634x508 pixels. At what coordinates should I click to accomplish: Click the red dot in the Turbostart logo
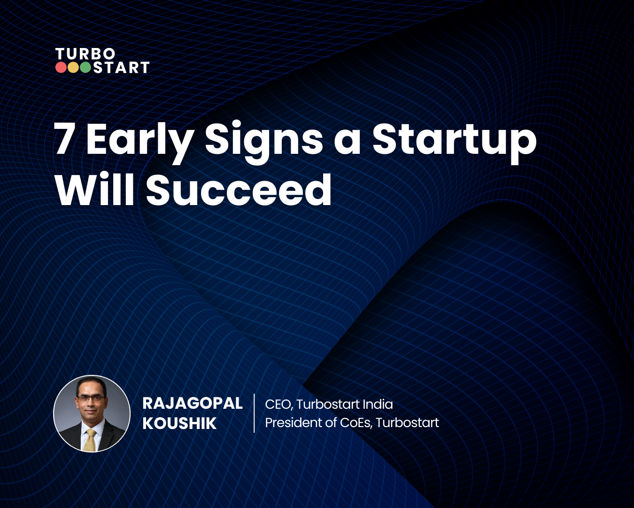[x=61, y=68]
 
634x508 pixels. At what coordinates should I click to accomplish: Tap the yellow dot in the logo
[x=73, y=68]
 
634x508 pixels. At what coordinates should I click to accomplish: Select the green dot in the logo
[x=85, y=68]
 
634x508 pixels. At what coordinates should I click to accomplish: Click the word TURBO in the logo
[x=85, y=54]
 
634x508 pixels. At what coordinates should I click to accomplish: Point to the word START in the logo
[x=121, y=68]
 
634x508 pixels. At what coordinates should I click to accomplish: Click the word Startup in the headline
[x=454, y=139]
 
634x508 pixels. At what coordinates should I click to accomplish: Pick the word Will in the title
[x=94, y=190]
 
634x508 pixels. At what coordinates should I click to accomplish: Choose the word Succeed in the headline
[x=239, y=190]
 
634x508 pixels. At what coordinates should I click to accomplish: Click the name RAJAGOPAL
[x=193, y=404]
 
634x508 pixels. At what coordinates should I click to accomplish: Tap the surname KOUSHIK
[x=179, y=423]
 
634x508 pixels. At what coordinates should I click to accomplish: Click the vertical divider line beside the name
[x=254, y=413]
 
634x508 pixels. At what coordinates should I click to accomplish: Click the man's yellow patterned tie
[x=90, y=439]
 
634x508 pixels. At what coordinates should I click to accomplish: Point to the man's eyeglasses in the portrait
[x=91, y=398]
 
